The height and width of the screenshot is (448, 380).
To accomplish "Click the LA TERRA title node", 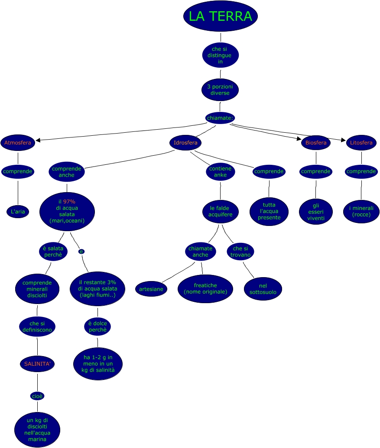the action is click(x=220, y=16).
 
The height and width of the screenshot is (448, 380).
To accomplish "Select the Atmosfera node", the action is click(x=18, y=142).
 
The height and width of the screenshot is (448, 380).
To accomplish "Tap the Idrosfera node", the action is click(x=185, y=142).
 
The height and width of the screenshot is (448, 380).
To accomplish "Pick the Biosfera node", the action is click(x=315, y=142).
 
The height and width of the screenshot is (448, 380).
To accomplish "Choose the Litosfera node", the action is click(x=361, y=142).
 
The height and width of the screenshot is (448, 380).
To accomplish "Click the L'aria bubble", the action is click(x=18, y=212).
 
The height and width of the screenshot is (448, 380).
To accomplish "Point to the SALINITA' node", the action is click(x=37, y=363).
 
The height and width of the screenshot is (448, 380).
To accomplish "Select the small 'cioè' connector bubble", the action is click(x=37, y=396).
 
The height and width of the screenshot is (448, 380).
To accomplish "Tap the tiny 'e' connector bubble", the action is click(x=81, y=252).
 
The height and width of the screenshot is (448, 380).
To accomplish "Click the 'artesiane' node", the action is click(x=151, y=289).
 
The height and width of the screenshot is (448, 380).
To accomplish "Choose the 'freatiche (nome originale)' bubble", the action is click(x=205, y=288).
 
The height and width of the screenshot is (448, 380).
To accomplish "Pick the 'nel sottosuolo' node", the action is click(x=263, y=289).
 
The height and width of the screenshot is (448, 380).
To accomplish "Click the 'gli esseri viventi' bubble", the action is click(x=316, y=212).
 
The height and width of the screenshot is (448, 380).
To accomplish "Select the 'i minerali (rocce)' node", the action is click(x=361, y=211).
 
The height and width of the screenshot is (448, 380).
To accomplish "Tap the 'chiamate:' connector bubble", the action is click(x=220, y=118).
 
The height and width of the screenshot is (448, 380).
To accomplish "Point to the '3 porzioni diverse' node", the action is click(x=220, y=90).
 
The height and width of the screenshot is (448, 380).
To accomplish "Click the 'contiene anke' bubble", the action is click(x=221, y=172).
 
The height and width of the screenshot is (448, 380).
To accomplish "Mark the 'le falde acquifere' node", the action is click(x=221, y=211).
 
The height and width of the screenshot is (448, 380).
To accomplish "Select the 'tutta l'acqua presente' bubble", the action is click(x=269, y=211).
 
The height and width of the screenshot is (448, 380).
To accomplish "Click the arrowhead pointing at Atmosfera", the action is click(x=38, y=140).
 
